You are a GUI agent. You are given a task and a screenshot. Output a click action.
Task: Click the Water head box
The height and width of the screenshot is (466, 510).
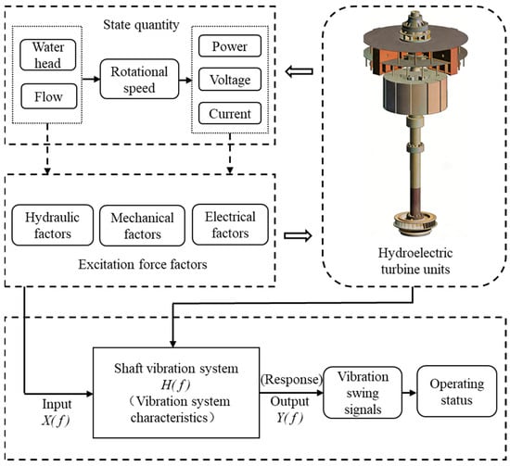tap(48, 55)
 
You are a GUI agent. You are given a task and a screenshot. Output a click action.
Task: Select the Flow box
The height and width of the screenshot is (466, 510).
tap(49, 96)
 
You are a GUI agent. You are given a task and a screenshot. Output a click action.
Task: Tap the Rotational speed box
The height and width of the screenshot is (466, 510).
tap(139, 79)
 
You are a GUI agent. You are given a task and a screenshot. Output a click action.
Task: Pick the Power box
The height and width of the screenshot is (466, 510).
tap(230, 45)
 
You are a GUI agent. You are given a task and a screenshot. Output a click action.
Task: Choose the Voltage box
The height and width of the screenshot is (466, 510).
tap(230, 79)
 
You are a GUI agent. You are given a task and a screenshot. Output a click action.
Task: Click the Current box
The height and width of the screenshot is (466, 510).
tap(230, 113)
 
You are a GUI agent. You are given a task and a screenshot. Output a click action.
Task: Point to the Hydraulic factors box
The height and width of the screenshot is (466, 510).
tap(52, 225)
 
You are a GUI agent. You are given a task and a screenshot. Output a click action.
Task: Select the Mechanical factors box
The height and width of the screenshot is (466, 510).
tap(142, 225)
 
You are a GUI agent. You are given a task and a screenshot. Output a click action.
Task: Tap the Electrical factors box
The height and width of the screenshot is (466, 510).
tap(230, 224)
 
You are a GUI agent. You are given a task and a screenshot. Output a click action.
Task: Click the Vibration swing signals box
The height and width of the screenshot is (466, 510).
tap(363, 392)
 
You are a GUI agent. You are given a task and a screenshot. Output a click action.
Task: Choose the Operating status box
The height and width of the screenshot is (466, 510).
tap(456, 391)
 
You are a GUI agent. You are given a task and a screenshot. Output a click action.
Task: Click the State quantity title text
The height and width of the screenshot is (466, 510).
tap(141, 25)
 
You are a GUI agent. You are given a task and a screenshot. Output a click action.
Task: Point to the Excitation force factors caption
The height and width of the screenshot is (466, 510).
tap(143, 264)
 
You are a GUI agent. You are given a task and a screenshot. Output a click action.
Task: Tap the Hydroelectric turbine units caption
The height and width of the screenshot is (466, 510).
tap(415, 261)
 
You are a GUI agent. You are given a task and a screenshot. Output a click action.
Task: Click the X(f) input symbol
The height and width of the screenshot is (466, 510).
tap(56, 421)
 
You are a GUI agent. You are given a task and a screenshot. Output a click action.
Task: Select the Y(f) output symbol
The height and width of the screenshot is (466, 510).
tap(289, 418)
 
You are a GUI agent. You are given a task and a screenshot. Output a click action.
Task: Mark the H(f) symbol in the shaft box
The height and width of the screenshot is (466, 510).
tap(175, 385)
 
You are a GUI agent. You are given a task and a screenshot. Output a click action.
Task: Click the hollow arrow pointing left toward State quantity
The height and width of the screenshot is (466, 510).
tap(299, 71)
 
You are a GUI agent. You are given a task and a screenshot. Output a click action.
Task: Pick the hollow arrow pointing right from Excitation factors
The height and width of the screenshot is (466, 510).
tap(298, 235)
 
